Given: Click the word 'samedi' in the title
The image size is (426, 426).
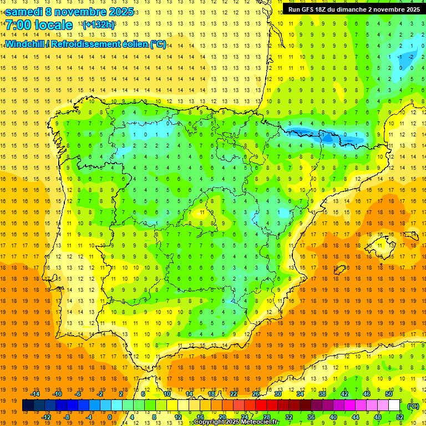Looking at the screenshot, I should coord(24,12).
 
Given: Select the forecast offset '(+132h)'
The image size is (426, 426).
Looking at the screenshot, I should coord(98,25).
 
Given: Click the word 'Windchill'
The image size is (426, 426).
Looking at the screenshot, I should coord(26,44).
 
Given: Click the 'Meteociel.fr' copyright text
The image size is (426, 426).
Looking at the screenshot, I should coord(255,422).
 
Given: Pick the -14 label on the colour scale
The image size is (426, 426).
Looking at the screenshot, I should coord(35,394).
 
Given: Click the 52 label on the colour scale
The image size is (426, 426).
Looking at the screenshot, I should coord(399,417).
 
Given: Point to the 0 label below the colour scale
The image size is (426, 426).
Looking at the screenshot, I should coord(110,417).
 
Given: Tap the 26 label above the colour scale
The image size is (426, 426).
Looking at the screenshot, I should coord(255,394).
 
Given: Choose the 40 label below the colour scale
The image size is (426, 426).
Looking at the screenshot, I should coord(333,417).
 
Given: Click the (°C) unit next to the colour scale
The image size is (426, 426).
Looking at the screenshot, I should coord(413,406).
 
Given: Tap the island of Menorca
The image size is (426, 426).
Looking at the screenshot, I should coord(411,235).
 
